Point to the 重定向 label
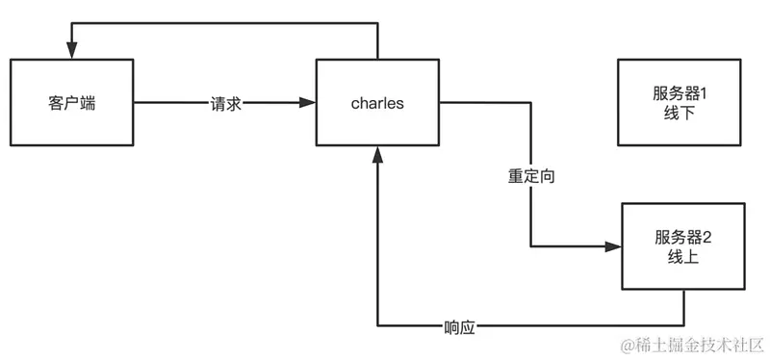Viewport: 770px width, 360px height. (x=531, y=177)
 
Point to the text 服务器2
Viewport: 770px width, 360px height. (x=682, y=237)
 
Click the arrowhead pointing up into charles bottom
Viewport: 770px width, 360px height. (x=378, y=154)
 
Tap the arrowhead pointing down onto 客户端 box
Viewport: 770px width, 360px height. (x=71, y=50)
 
